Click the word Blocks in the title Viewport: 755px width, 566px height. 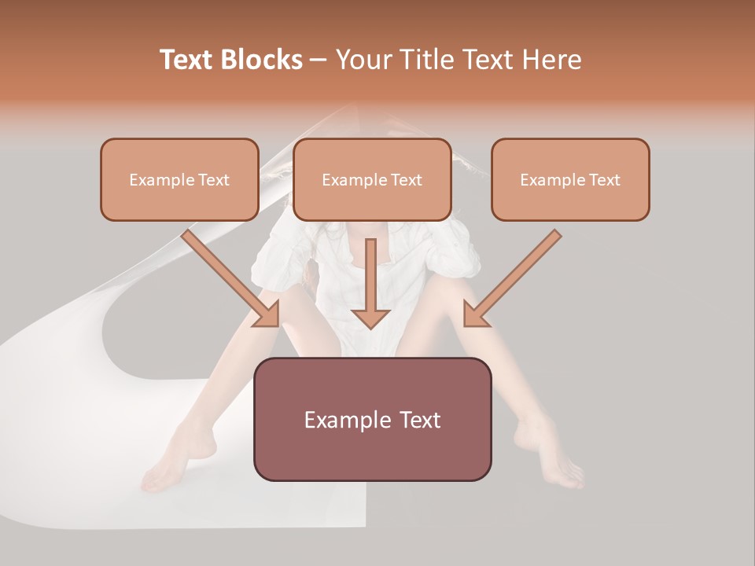point(263,60)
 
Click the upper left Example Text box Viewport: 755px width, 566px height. point(179,180)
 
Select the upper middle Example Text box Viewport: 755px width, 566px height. point(372,180)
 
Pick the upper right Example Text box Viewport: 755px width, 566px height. point(570,180)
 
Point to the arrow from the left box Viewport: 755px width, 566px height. point(228,275)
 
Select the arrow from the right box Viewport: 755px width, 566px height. point(515,275)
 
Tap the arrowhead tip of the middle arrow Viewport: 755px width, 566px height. point(370,325)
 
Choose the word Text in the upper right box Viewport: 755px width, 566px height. point(603,180)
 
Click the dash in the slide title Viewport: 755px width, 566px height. point(319,60)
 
